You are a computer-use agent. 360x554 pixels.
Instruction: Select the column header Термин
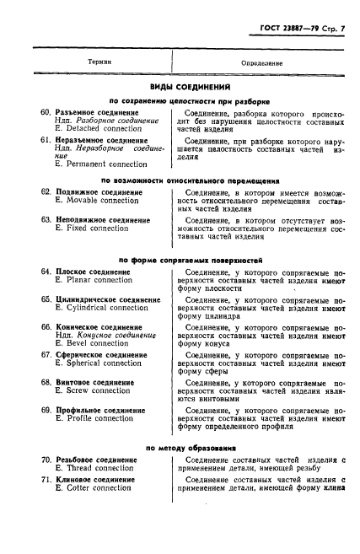(100, 63)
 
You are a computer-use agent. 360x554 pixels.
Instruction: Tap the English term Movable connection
(96, 201)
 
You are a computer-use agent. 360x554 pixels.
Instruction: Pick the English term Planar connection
(94, 280)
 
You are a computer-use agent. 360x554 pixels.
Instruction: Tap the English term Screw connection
(93, 391)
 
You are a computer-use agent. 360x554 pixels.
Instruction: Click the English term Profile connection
(94, 418)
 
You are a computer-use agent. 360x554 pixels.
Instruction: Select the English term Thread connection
(94, 468)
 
